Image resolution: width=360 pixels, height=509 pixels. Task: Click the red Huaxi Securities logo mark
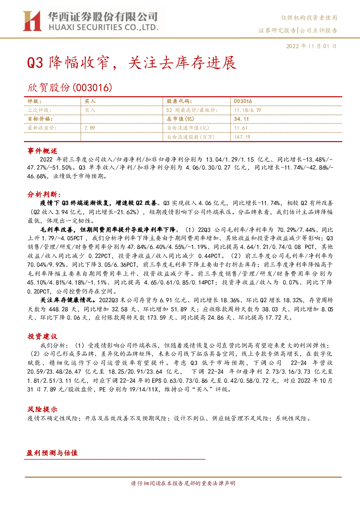point(32,21)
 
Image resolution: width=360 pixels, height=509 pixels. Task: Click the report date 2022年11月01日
point(311,46)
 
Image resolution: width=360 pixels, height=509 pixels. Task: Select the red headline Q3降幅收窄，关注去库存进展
point(132,63)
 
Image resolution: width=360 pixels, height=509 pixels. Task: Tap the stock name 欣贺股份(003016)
point(70,88)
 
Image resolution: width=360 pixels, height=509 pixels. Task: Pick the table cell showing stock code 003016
point(243,102)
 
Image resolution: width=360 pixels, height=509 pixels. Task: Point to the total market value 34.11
point(241,119)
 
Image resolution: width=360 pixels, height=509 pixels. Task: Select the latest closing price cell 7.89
point(90,128)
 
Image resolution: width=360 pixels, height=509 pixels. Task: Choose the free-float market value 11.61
point(241,128)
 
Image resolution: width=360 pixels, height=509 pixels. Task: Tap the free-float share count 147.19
point(242,137)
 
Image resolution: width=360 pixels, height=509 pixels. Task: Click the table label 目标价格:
point(40,119)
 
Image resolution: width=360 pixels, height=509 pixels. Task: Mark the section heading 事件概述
point(42,151)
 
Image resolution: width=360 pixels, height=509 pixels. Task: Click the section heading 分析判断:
point(44,194)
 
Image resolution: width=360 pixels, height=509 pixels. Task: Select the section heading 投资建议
point(42,336)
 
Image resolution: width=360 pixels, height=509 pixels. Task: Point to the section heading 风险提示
point(42,409)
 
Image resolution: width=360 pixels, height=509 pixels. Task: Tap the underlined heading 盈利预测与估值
point(52,453)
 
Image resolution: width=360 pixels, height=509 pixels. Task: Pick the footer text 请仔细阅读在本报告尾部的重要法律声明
point(183,483)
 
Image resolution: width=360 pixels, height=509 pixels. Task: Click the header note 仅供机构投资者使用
point(309,18)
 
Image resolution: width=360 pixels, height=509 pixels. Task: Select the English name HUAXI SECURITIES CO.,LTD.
point(103,28)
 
